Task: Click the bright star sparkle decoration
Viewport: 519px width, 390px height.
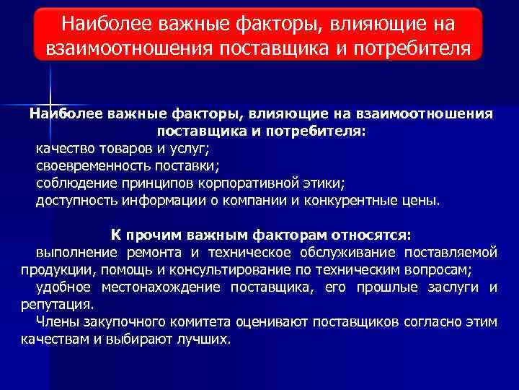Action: coord(50,102)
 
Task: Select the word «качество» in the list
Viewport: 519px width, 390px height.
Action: coord(64,149)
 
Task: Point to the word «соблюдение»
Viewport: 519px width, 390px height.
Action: coord(72,183)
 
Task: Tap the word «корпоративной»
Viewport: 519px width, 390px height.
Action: coord(247,183)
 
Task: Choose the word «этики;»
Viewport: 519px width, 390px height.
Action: coord(326,183)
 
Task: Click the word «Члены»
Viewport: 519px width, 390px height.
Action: coord(56,322)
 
